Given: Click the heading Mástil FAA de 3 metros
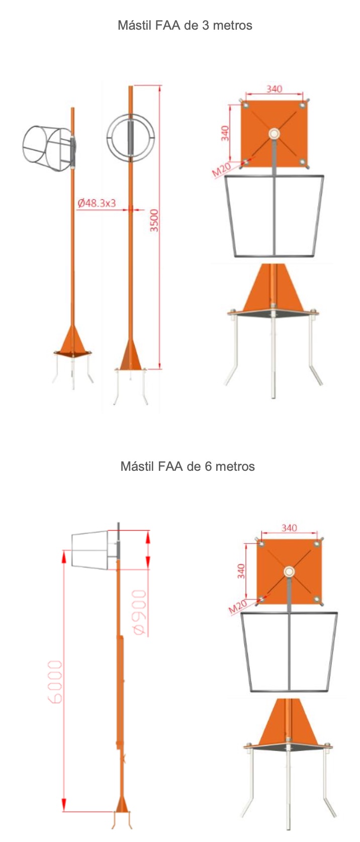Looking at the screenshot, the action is (x=185, y=25).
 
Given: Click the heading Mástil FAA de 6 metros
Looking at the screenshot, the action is (x=188, y=466).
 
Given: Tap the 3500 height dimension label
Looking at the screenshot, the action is (x=154, y=220).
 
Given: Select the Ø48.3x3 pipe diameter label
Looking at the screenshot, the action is (x=97, y=203).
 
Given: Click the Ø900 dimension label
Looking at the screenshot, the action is (x=140, y=612).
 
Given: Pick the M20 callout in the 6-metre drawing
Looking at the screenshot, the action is (x=237, y=606).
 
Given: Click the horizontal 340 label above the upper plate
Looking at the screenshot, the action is (x=275, y=89).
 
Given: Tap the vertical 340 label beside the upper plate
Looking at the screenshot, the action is (x=224, y=133).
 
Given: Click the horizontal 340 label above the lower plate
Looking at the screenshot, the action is (x=289, y=528).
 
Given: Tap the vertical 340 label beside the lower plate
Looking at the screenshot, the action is (x=241, y=571).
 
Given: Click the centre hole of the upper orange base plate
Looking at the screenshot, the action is (x=274, y=133).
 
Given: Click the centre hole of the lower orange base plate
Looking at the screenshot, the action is (x=289, y=572).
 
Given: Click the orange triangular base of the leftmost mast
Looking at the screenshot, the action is (x=73, y=342).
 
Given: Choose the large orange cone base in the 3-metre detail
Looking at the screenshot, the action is (x=273, y=289).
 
